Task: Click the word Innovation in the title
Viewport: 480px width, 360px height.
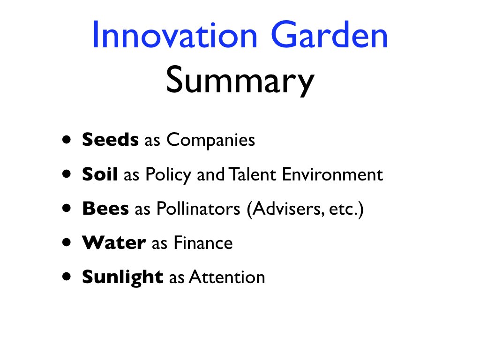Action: coord(175,34)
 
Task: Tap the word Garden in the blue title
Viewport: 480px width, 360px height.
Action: coord(330,34)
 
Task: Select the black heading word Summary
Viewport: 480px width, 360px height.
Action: coord(240,81)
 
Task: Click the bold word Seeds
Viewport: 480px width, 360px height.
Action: coord(110,140)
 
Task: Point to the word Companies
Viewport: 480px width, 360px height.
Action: coord(210,141)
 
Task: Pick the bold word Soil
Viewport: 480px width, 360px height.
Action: coord(100,174)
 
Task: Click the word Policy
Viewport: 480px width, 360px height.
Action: coord(168,175)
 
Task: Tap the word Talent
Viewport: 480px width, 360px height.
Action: coord(253,174)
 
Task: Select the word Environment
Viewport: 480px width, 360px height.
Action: coord(332,174)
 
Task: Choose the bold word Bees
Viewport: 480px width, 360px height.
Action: coord(105,209)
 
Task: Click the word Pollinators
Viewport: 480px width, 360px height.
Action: coord(198,209)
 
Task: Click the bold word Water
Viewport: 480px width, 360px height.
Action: coord(114,243)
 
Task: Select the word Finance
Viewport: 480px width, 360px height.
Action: coord(203,243)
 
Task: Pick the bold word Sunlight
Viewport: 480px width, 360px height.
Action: coord(122,277)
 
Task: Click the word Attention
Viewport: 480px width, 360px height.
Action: coord(227,277)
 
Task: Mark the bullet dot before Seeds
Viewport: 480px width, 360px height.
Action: coord(67,140)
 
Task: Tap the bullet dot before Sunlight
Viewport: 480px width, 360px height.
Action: coord(67,277)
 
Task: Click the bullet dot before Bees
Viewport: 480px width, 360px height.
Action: coord(67,209)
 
